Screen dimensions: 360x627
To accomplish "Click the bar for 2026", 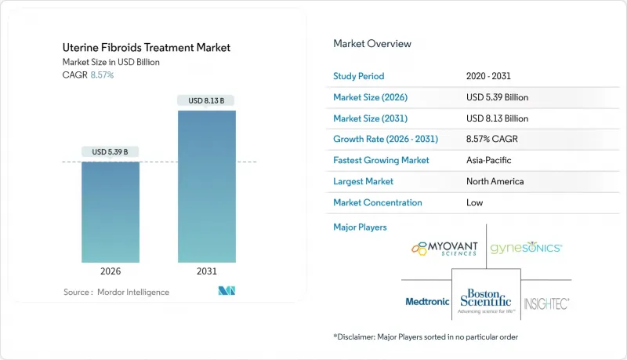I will (111, 212).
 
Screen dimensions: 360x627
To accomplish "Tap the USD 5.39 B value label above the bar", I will (111, 151).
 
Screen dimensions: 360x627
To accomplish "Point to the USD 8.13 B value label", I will (206, 100).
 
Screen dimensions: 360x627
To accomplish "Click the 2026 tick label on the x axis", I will (111, 271).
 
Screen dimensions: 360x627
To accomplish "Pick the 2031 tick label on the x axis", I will (206, 271).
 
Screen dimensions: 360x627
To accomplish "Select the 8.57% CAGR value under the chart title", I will (102, 75).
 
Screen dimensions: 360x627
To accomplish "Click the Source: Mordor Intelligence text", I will (116, 292).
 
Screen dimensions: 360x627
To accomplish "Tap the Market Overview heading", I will (372, 43).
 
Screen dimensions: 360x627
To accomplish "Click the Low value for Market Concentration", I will (474, 202).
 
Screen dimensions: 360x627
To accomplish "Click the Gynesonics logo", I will (525, 248).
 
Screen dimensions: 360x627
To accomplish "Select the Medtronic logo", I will (426, 301).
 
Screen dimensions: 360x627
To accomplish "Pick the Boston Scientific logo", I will (486, 300).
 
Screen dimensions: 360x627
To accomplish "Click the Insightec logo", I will (546, 302).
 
